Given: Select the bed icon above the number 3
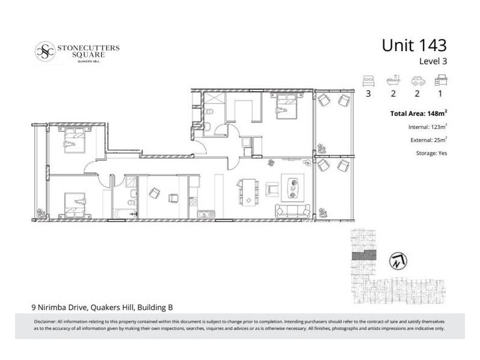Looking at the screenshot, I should [368, 80].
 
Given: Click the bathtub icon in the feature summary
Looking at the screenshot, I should [392, 80].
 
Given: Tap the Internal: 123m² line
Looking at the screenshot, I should [427, 127].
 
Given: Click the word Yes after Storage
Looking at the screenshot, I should [442, 153].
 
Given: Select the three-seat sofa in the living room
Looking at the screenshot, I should [292, 211].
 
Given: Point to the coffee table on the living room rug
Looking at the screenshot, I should [293, 187].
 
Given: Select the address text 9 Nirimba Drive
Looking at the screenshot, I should [59, 307].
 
